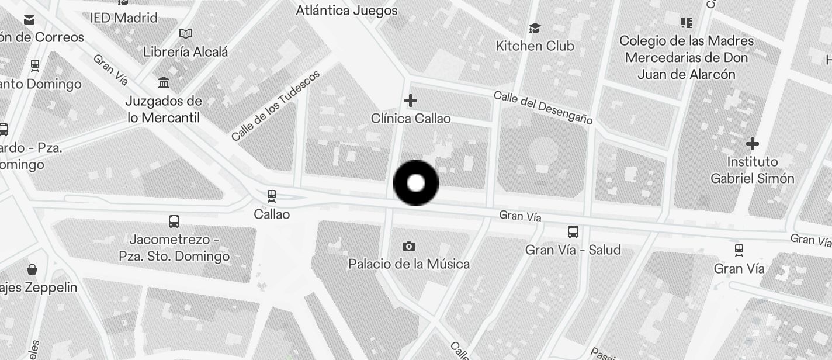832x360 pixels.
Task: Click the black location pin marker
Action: click(x=416, y=183)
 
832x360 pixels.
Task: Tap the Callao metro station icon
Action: click(x=271, y=196)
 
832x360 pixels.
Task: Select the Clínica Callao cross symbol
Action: click(x=411, y=101)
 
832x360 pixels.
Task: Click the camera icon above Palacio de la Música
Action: click(x=409, y=246)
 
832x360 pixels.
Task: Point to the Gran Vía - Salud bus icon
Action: click(x=573, y=232)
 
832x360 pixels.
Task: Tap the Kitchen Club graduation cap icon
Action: click(x=534, y=28)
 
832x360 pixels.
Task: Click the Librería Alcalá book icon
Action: click(x=186, y=34)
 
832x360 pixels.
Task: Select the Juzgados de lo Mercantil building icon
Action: click(x=164, y=82)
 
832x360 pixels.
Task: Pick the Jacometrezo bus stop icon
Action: click(x=174, y=221)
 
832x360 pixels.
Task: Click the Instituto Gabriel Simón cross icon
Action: click(x=753, y=143)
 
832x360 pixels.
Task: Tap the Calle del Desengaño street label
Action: click(x=543, y=108)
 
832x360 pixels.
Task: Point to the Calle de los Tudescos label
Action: click(x=276, y=106)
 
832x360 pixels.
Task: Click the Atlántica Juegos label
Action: click(x=347, y=11)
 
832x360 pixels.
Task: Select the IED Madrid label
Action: click(x=124, y=18)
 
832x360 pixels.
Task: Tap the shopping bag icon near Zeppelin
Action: click(x=32, y=269)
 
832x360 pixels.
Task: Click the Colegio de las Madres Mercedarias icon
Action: click(x=687, y=23)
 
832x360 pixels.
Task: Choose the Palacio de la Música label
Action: click(x=409, y=264)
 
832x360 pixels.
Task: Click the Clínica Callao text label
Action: click(x=411, y=119)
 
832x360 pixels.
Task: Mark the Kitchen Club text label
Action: click(x=535, y=46)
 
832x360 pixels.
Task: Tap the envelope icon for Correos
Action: click(x=29, y=20)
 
